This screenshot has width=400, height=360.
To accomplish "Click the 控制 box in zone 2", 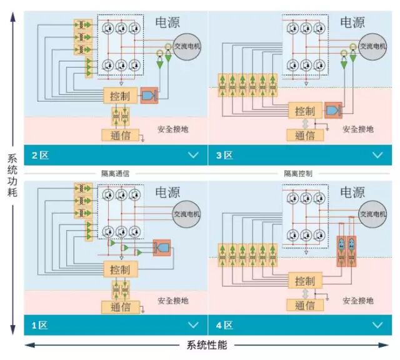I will (120, 96).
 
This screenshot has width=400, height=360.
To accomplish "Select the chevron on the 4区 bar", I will (377, 325).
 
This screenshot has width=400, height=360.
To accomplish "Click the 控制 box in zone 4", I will (304, 281).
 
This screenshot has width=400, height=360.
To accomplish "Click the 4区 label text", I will (224, 325).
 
